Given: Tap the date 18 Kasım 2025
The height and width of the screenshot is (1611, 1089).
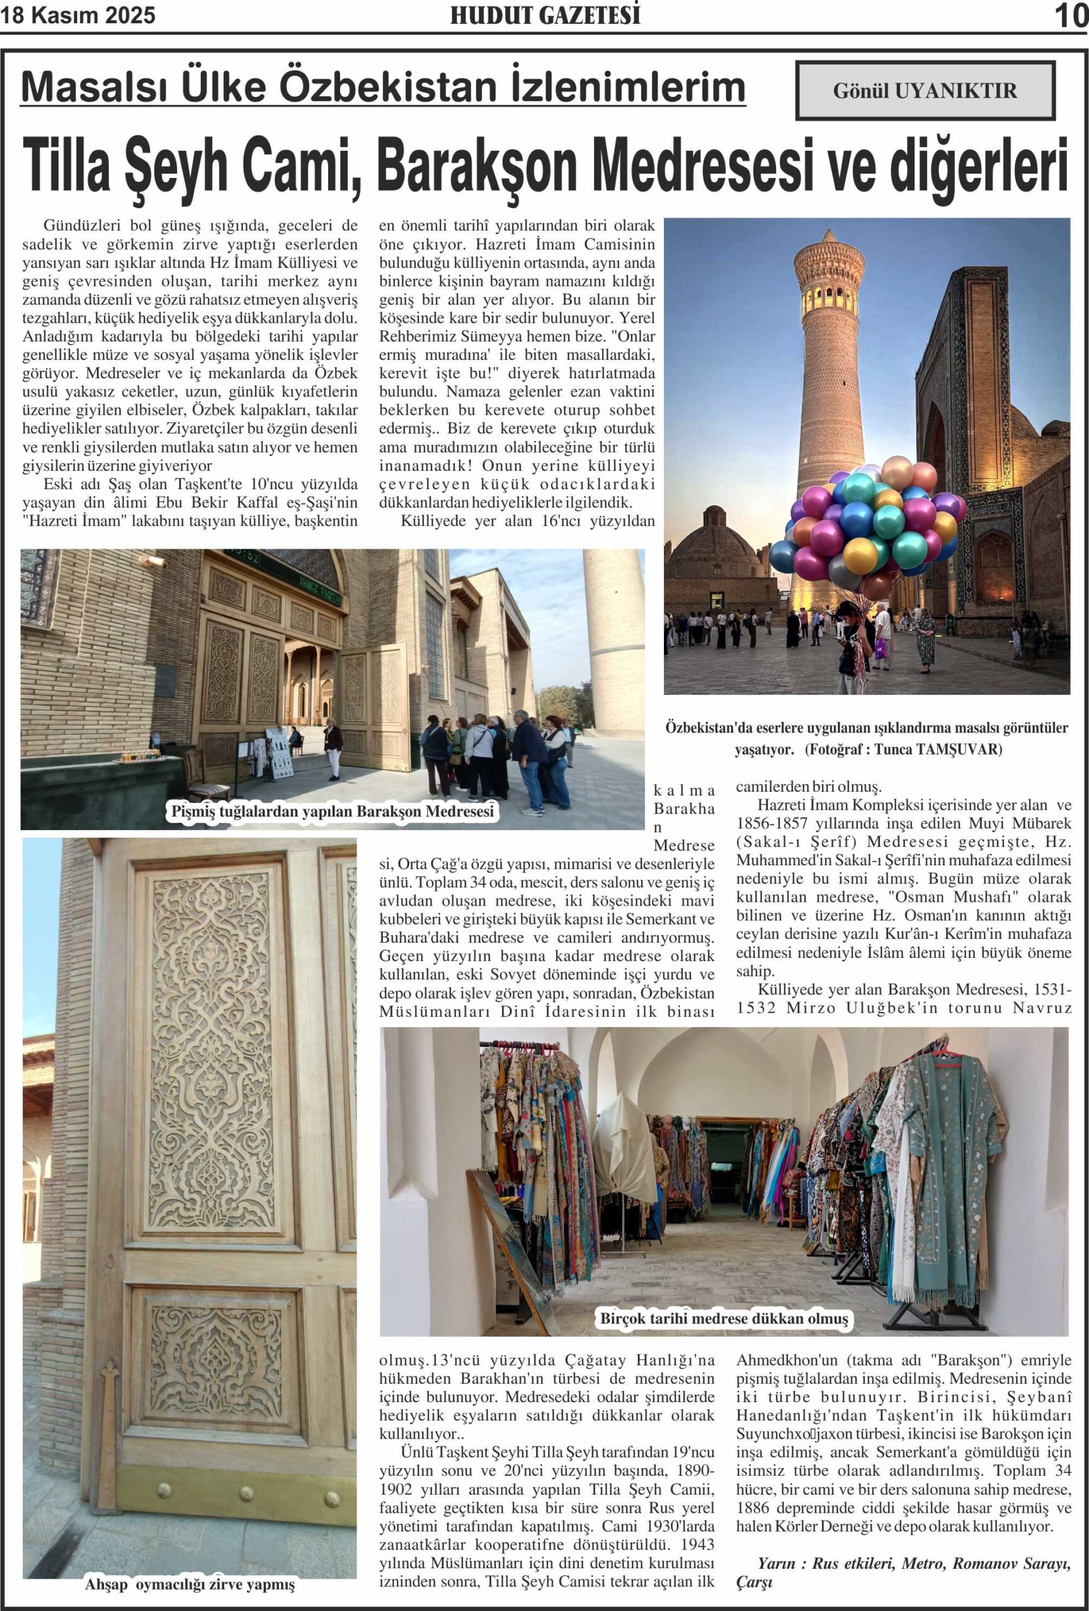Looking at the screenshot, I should click(x=77, y=15).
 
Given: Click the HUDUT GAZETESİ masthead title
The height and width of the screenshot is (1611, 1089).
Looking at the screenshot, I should click(x=544, y=15).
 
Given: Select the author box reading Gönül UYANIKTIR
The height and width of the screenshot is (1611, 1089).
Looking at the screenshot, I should click(x=925, y=90).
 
